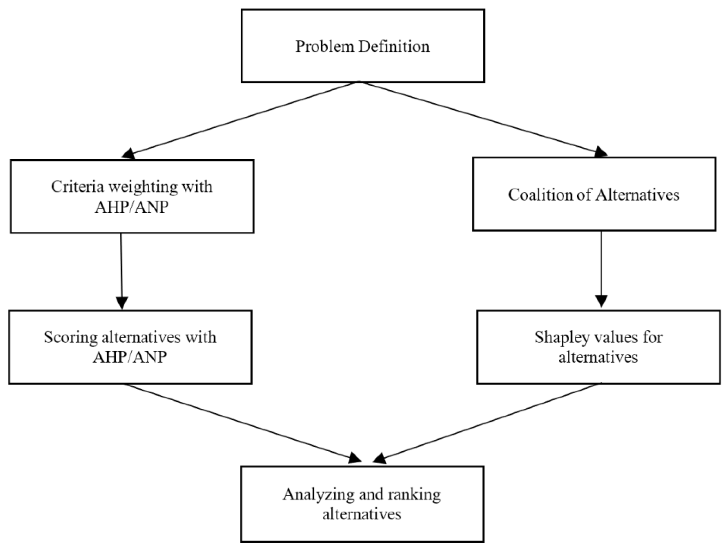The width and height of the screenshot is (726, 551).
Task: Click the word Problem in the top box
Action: coord(325,47)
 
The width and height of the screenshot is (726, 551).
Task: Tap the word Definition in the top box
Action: coord(394,47)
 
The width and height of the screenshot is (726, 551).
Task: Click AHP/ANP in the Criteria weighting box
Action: coord(132,207)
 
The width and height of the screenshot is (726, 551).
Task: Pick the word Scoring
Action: coord(71,338)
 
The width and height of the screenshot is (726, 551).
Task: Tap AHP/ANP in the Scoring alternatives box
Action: coord(130,357)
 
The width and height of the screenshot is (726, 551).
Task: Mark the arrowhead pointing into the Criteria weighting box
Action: coord(129,154)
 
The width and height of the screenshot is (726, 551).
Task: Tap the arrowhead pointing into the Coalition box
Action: coord(601,152)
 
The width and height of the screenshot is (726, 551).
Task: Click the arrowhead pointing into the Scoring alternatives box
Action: coord(122,302)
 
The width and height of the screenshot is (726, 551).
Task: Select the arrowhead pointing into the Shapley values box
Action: coord(601,301)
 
